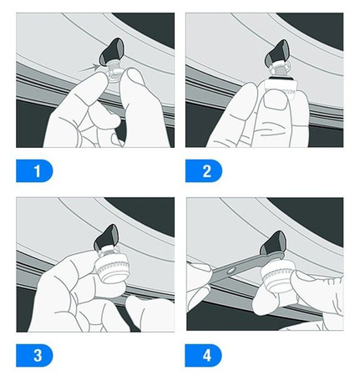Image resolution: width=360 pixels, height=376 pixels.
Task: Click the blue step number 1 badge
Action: [34, 170]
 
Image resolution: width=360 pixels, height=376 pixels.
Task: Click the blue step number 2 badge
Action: [204, 170]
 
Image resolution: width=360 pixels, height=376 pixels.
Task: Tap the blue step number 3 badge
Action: [34, 355]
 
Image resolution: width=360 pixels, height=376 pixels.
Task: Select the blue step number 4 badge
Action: [204, 355]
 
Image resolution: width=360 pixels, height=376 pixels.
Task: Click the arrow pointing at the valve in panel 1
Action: [89, 68]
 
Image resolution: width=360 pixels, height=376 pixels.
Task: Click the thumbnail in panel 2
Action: [276, 102]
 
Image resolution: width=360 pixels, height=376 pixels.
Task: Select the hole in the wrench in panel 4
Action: [231, 270]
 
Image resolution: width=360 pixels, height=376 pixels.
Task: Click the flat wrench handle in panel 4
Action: [245, 266]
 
